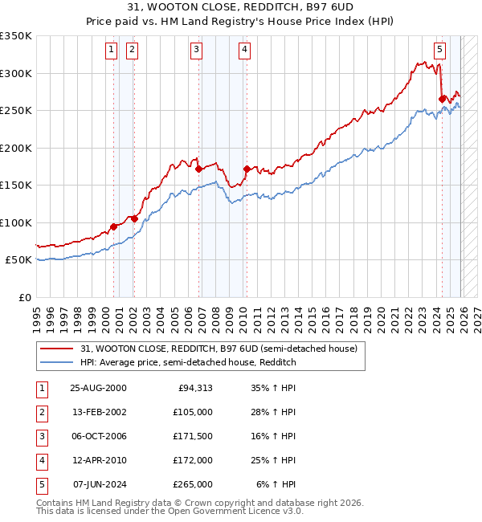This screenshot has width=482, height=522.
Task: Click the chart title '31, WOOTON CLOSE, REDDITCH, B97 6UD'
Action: [x=241, y=7]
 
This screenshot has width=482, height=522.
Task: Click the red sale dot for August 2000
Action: [x=113, y=227]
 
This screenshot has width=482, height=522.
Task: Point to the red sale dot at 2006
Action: [x=198, y=169]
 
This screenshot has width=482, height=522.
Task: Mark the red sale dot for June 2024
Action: [x=442, y=100]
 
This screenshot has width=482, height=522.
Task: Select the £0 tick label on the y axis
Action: [x=24, y=297]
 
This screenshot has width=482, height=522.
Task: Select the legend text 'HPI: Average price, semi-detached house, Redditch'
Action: [x=188, y=362]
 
